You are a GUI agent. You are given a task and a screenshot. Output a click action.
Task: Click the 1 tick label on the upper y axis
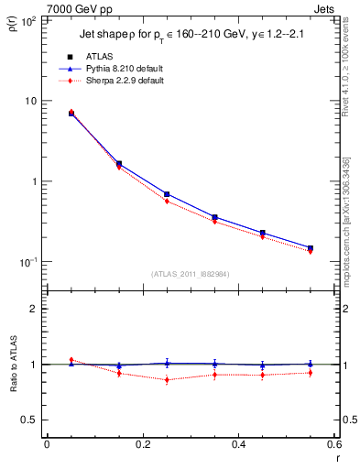(x=33, y=181)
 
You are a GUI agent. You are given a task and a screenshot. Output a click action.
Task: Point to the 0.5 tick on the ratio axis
(x=28, y=420)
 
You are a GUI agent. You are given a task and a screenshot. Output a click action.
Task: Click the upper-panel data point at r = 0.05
(x=71, y=113)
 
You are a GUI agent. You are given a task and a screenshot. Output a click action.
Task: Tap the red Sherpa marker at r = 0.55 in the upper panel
(x=310, y=251)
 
